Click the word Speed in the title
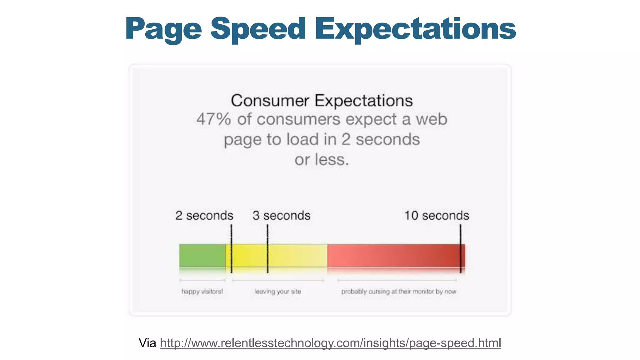coord(258,29)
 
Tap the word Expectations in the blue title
coord(415,29)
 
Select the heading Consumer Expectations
coord(322,101)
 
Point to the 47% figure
coord(213,119)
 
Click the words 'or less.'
coord(322,160)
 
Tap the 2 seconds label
coord(204,216)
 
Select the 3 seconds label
coord(281,216)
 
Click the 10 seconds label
coord(436,216)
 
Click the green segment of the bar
coord(202,256)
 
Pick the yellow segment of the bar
coord(297,256)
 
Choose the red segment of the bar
coord(394,256)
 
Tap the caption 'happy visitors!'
coord(202,292)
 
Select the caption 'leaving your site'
coord(277,292)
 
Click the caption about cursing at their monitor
coord(398,292)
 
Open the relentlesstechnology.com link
coord(330,343)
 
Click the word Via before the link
coord(147,343)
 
